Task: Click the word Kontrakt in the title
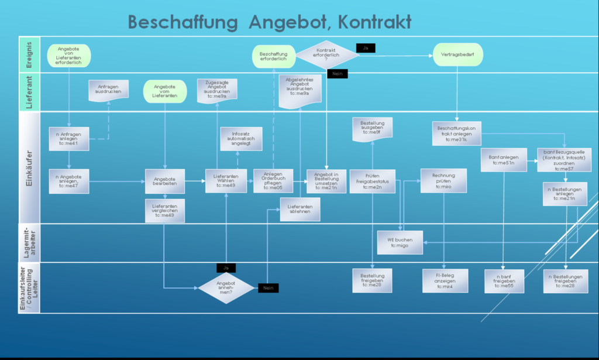374,22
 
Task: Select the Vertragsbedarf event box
457,55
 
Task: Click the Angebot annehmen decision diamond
226,287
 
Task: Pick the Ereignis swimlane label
29,54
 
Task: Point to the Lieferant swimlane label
29,92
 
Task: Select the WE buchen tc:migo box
400,242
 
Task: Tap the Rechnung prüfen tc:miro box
443,181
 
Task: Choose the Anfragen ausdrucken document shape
108,90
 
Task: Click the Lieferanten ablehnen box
300,210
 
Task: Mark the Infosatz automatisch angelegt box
241,139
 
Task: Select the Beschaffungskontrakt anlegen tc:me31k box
456,134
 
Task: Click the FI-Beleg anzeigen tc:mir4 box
445,280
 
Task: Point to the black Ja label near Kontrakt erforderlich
365,48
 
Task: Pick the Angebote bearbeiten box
165,181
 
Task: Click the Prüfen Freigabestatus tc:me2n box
372,181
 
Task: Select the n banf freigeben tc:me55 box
504,281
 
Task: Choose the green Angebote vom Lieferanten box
165,92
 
